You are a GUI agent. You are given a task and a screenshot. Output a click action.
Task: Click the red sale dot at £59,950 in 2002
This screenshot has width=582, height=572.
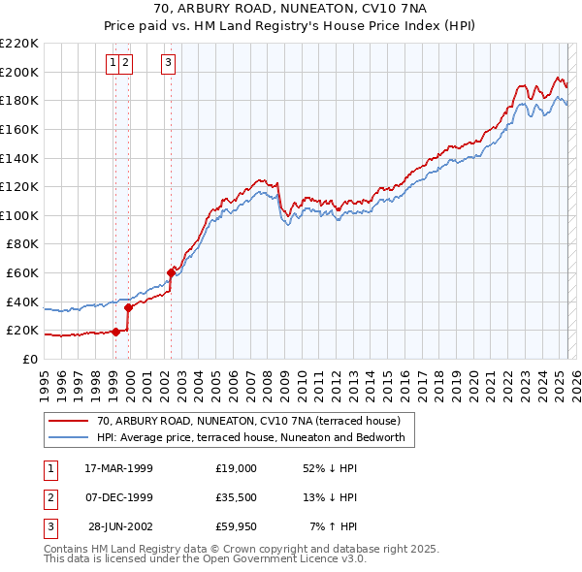pyautogui.click(x=171, y=272)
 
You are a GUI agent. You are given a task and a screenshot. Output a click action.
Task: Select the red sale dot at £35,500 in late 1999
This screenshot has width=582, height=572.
pyautogui.click(x=128, y=307)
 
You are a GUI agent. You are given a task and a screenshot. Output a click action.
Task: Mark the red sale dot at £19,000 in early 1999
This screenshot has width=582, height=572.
pyautogui.click(x=115, y=332)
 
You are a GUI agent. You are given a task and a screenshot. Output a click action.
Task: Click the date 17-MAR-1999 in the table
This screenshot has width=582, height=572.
pyautogui.click(x=118, y=468)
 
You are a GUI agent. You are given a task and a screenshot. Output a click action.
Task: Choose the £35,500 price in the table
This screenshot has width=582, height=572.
pyautogui.click(x=236, y=497)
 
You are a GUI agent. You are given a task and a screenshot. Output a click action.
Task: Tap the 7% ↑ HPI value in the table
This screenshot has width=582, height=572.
pyautogui.click(x=333, y=526)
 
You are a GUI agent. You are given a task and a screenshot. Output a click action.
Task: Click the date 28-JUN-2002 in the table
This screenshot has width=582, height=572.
pyautogui.click(x=118, y=526)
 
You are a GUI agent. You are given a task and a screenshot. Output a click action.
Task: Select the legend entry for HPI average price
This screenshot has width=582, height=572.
pyautogui.click(x=256, y=438)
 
